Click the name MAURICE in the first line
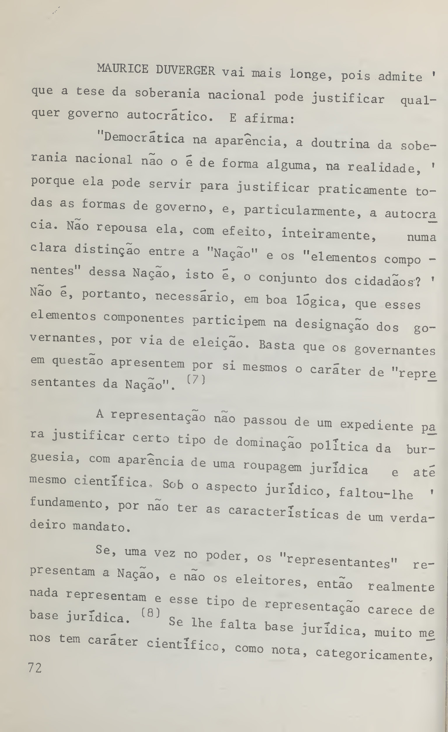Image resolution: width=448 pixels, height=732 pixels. pyautogui.click(x=122, y=69)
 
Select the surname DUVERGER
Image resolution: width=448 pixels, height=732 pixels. pyautogui.click(x=185, y=71)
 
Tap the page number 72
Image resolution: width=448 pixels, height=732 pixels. pyautogui.click(x=35, y=668)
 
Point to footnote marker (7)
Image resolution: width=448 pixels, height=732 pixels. pyautogui.click(x=196, y=380)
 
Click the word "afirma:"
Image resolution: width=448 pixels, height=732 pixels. pyautogui.click(x=269, y=119)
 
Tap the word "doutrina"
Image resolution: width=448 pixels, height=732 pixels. pyautogui.click(x=340, y=143)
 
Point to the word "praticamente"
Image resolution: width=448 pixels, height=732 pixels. pyautogui.click(x=362, y=190)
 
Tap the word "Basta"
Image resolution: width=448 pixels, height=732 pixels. pyautogui.click(x=277, y=345)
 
